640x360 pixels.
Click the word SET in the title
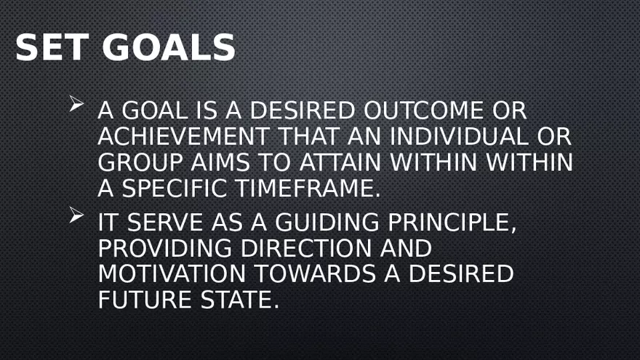tap(52, 48)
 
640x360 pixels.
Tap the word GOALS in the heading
tap(169, 48)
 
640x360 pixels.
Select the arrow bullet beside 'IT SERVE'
tap(77, 215)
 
